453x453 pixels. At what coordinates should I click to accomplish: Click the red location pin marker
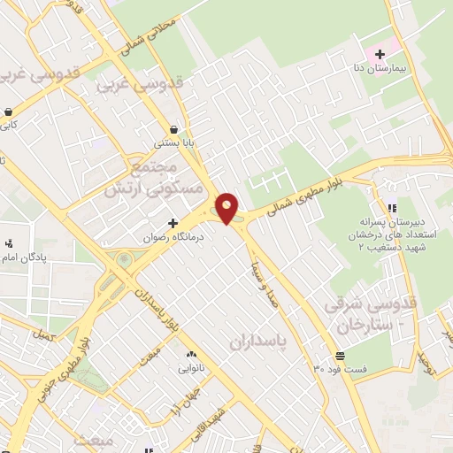click(227, 207)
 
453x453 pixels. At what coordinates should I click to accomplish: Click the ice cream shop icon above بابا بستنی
click(173, 128)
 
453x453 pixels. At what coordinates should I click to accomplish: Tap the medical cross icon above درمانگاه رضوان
click(173, 223)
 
